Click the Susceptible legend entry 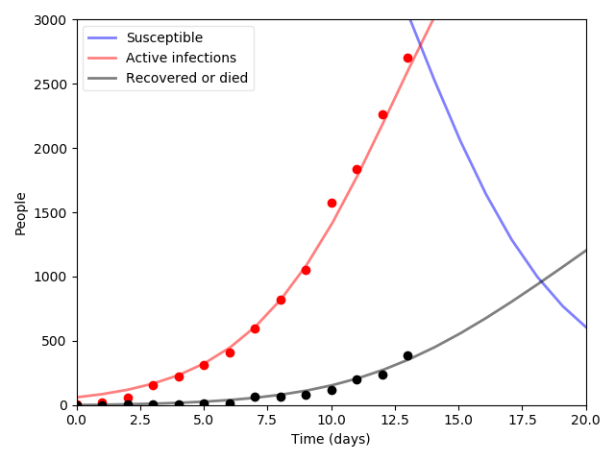[x=164, y=37]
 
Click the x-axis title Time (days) [x=331, y=439]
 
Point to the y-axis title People [x=21, y=212]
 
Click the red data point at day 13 [x=407, y=58]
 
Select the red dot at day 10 [x=332, y=203]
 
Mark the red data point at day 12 [x=382, y=114]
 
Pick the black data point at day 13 [x=407, y=355]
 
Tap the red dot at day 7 [x=255, y=328]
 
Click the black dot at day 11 [x=357, y=379]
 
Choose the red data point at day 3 [x=153, y=385]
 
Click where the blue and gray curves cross [x=542, y=280]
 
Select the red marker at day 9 [x=306, y=270]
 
